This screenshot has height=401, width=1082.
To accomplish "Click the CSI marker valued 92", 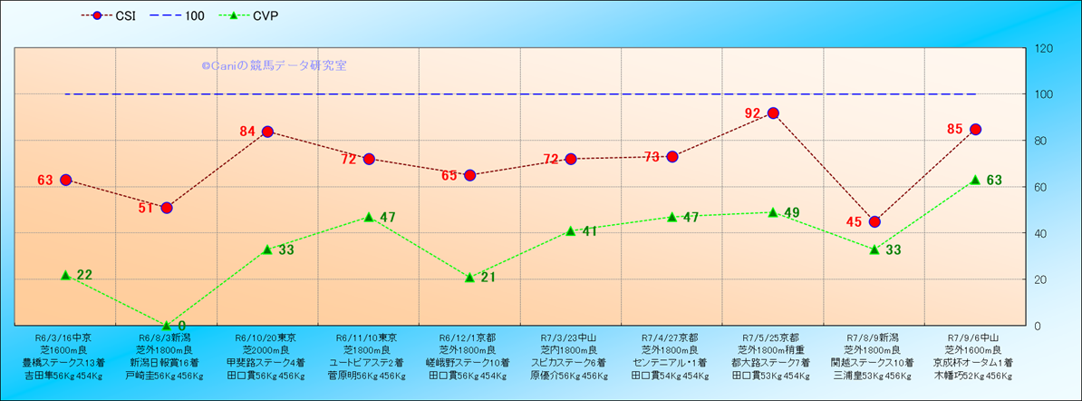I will pyautogui.click(x=773, y=113).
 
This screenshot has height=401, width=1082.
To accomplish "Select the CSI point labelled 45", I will pyautogui.click(x=874, y=221).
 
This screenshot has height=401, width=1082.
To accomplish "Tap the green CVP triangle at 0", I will pyautogui.click(x=167, y=325).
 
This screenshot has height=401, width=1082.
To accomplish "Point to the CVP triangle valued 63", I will pyautogui.click(x=975, y=180).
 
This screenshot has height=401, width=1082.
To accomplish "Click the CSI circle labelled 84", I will pyautogui.click(x=267, y=132).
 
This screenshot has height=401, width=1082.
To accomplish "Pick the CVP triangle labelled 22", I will pyautogui.click(x=65, y=275).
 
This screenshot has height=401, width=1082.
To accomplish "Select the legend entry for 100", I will pyautogui.click(x=181, y=15).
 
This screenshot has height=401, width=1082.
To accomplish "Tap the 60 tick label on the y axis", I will pyautogui.click(x=1039, y=187).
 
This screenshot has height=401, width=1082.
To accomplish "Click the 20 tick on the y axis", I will pyautogui.click(x=1039, y=279).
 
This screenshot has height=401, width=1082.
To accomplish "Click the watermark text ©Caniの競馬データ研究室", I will pyautogui.click(x=274, y=65).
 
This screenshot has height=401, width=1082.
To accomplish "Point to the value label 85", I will pyautogui.click(x=954, y=129).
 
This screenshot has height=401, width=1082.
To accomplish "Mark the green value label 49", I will pyautogui.click(x=791, y=213).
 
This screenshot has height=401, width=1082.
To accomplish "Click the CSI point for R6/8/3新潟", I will pyautogui.click(x=167, y=208).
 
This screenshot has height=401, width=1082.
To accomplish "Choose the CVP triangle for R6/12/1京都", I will pyautogui.click(x=469, y=277).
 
